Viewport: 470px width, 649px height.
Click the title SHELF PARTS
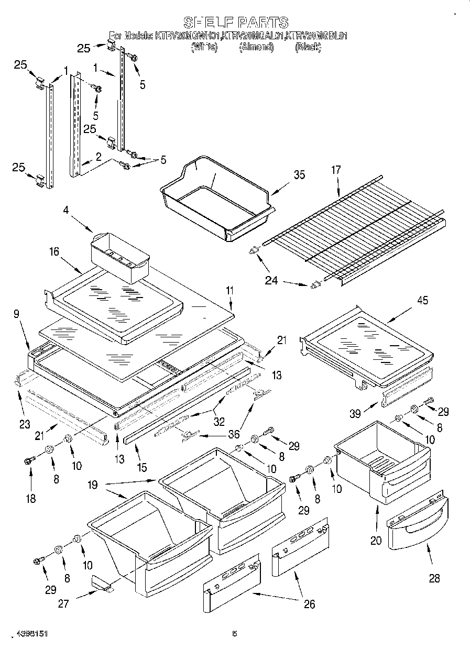[x=235, y=22]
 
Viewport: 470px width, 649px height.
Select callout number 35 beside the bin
[x=299, y=175]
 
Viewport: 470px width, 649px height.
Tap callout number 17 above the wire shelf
[x=336, y=170]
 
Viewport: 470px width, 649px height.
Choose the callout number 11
[x=229, y=291]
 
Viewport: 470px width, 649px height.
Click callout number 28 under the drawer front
[x=434, y=578]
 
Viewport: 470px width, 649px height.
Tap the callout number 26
[x=309, y=604]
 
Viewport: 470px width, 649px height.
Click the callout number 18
[x=31, y=499]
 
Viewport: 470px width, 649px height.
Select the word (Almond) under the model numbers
[x=256, y=47]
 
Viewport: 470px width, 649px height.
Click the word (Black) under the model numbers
[x=308, y=47]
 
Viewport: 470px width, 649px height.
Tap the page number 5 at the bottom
[x=235, y=634]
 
